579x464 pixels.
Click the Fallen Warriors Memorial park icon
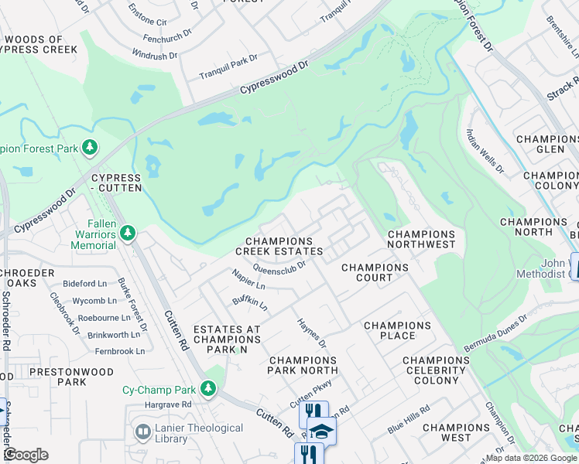click(x=128, y=232)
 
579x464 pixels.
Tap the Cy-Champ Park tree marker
click(x=207, y=387)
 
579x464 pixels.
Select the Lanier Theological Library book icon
click(x=142, y=432)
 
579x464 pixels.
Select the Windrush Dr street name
click(x=155, y=56)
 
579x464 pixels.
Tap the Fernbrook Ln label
click(x=116, y=350)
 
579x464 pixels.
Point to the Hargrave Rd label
click(x=167, y=404)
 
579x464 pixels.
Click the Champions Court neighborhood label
click(x=375, y=273)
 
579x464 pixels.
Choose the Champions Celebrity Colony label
click(x=436, y=370)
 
